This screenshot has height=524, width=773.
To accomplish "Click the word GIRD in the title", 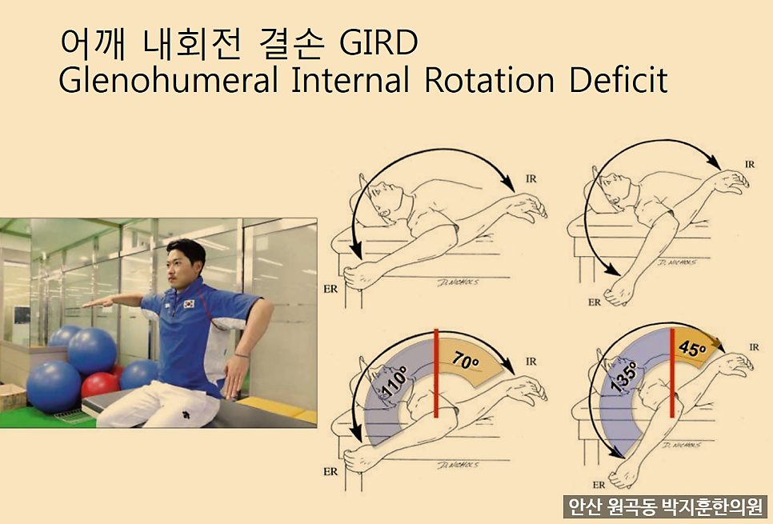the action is click(378, 43).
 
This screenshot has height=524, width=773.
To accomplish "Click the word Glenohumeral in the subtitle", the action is click(168, 80).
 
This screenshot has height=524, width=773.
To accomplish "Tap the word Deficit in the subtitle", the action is click(619, 80).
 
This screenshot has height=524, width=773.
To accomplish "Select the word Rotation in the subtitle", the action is click(490, 80).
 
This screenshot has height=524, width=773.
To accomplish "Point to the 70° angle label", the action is click(466, 360).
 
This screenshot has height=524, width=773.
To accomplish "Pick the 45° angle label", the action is click(691, 347).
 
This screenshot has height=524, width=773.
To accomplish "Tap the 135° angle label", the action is click(624, 377).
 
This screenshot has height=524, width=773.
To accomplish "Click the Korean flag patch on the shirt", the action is click(189, 304).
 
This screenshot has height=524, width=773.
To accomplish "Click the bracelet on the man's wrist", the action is click(242, 354).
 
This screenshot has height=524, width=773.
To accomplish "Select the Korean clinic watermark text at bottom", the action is click(665, 506).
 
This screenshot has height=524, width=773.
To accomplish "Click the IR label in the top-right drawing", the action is click(750, 164).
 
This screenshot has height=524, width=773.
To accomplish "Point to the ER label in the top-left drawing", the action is click(330, 289).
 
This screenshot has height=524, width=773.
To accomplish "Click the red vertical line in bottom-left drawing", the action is click(436, 373).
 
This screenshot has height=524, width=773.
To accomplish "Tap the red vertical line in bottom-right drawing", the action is click(672, 373).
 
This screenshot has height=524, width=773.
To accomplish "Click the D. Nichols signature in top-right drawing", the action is click(677, 262).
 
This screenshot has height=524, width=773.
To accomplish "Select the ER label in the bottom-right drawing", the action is click(599, 485).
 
